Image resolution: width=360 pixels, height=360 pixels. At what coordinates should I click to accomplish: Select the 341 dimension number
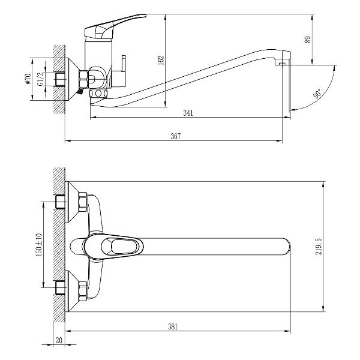[x=189, y=113]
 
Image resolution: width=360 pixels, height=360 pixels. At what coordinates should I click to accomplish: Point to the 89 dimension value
[x=308, y=40]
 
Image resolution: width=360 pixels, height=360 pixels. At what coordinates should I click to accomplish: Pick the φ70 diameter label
[x=28, y=79]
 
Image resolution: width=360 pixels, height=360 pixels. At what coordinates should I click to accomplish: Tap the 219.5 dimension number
[x=319, y=246]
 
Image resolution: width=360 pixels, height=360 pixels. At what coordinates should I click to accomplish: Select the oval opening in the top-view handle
[x=122, y=246]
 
